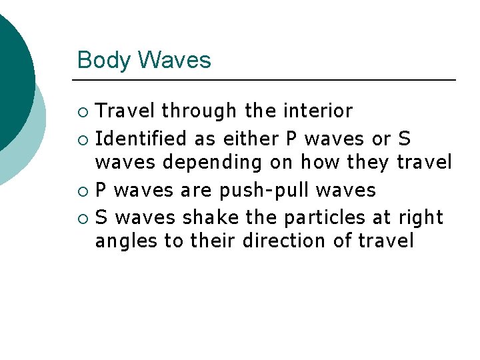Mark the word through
point(199,111)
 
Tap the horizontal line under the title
point(267,80)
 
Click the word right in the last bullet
point(420,217)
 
